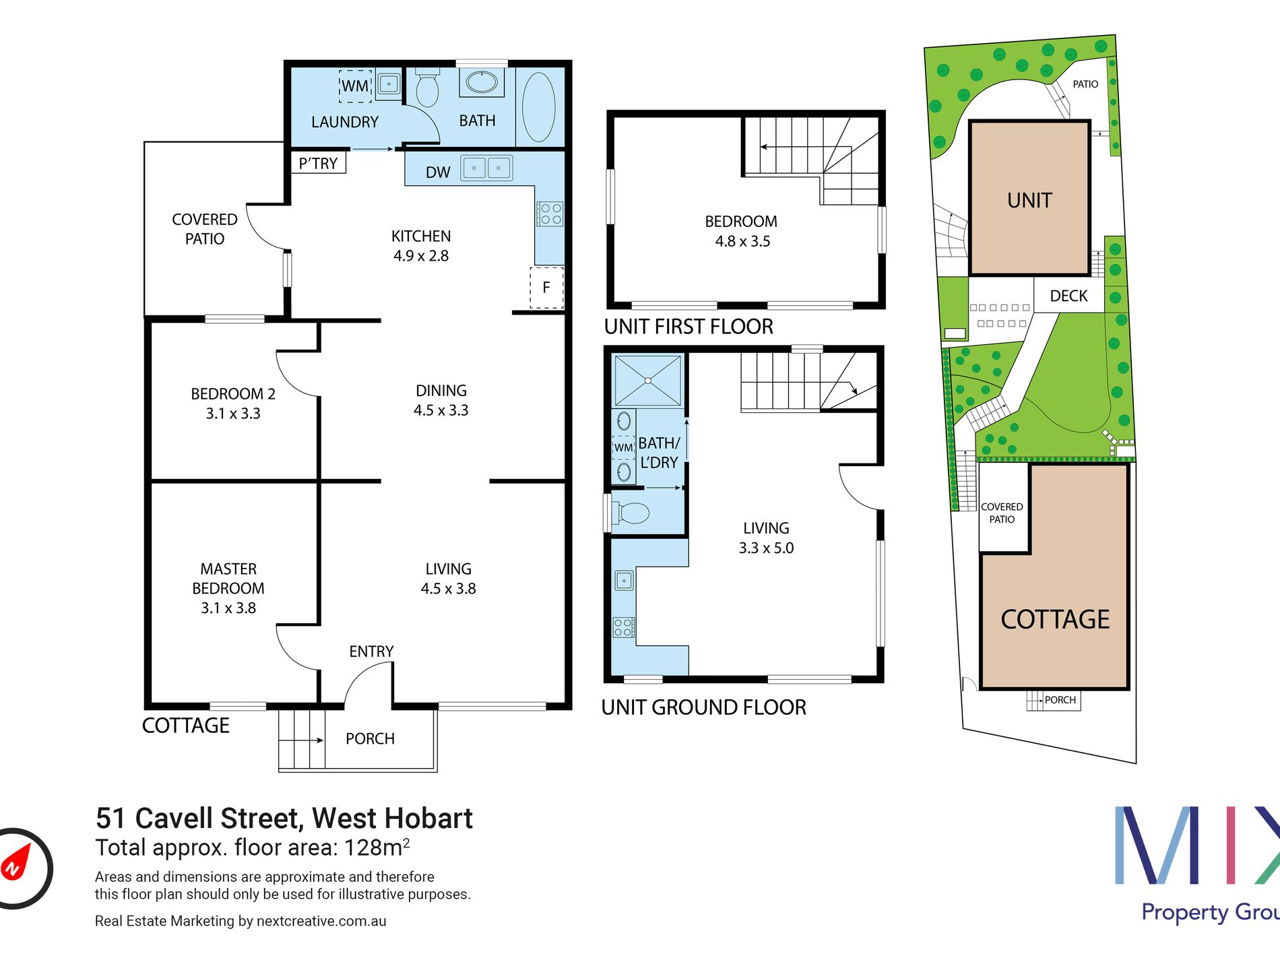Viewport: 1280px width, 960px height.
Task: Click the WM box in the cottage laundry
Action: tap(355, 86)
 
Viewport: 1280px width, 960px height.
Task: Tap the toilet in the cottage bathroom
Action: tap(427, 87)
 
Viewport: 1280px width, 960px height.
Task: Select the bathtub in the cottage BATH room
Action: tap(539, 107)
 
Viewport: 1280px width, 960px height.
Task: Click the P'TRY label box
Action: tap(318, 163)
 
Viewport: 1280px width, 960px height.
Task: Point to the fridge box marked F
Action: tap(546, 288)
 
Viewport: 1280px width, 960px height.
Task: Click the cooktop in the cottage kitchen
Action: tap(550, 214)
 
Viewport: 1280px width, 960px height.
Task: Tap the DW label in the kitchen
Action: tap(438, 172)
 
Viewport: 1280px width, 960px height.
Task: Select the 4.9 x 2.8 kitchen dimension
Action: tap(421, 256)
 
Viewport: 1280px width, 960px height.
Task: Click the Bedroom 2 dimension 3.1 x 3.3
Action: tap(233, 414)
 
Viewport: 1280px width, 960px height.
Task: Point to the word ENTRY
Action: tap(371, 651)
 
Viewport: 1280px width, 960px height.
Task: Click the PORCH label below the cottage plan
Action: tap(370, 739)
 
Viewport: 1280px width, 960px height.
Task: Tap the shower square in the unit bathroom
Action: tap(647, 381)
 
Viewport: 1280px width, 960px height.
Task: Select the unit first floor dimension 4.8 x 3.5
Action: tap(742, 241)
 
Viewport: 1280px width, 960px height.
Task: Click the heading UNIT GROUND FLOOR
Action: tap(703, 707)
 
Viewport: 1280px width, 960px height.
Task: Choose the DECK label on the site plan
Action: tap(1068, 296)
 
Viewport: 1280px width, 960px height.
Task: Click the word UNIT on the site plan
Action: tap(1029, 200)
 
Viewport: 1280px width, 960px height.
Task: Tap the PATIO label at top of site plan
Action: tap(1085, 84)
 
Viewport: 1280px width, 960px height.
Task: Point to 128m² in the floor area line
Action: tap(377, 847)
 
